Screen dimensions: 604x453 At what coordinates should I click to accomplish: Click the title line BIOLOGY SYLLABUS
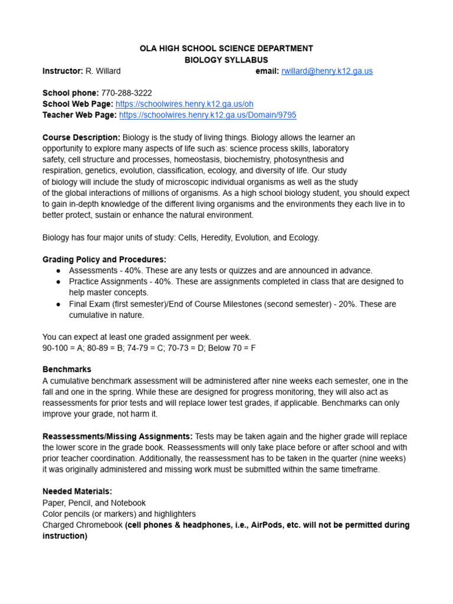[x=226, y=60]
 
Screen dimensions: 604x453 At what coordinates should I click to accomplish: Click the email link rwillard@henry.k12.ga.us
[x=327, y=71]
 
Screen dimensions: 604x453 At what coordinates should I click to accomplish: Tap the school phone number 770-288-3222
[x=126, y=93]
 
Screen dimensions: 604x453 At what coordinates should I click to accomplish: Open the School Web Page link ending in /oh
[x=176, y=104]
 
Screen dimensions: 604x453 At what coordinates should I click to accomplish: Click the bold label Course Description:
[x=81, y=137]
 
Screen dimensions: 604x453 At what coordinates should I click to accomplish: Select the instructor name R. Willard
[x=103, y=71]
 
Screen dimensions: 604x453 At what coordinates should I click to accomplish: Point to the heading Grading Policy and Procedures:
[x=104, y=259]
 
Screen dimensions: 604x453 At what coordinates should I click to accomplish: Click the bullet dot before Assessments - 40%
[x=58, y=270]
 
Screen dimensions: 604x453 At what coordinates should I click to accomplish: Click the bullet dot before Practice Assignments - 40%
[x=58, y=281]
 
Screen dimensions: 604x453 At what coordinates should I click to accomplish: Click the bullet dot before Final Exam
[x=58, y=304]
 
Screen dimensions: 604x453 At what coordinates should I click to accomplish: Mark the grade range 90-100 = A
[x=64, y=348]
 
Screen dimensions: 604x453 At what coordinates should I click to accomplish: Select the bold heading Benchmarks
[x=67, y=369]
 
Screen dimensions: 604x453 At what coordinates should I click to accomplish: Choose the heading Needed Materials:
[x=77, y=491]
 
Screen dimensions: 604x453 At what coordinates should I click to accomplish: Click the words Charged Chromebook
[x=83, y=525]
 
